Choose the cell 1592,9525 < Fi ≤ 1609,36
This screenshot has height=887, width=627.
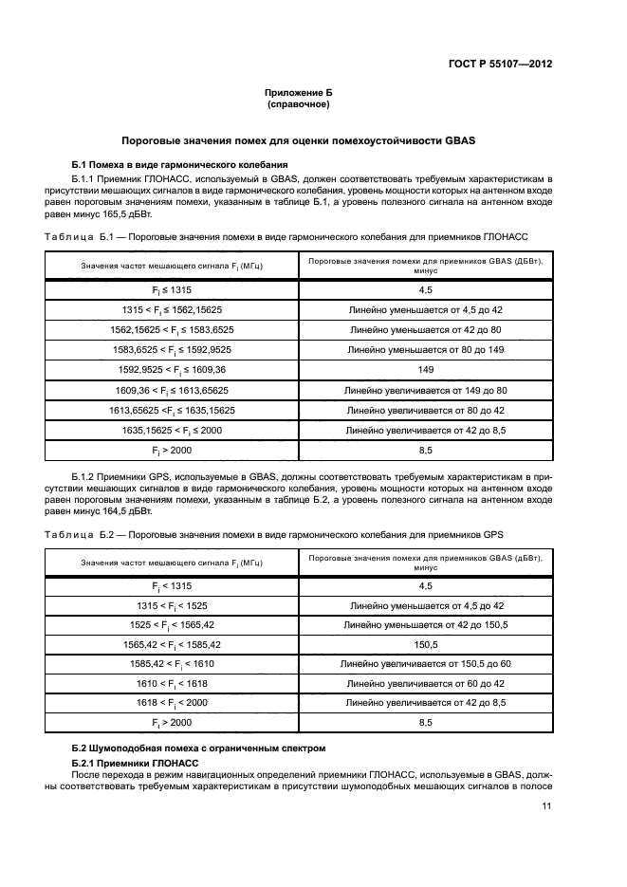[x=172, y=368]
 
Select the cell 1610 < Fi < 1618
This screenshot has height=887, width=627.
[x=172, y=683]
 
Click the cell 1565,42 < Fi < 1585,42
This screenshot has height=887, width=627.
[x=172, y=643]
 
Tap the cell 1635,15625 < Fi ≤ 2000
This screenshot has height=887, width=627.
[x=172, y=429]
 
